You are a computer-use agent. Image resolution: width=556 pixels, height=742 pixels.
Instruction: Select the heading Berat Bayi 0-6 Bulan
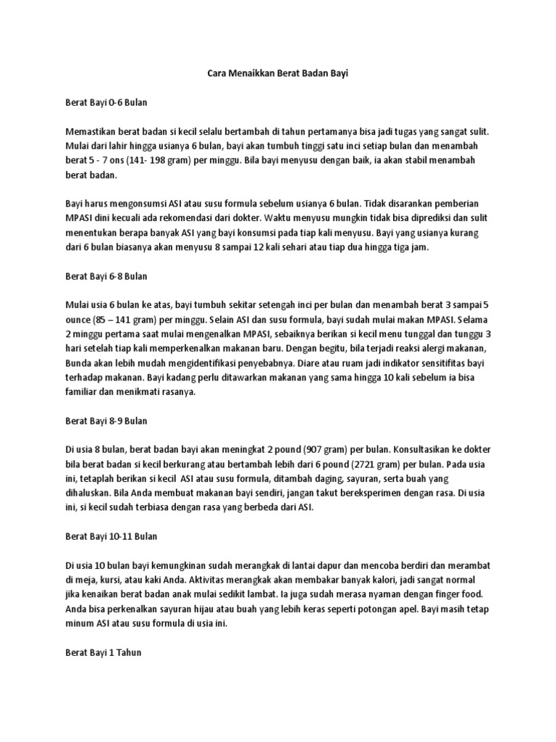pos(106,103)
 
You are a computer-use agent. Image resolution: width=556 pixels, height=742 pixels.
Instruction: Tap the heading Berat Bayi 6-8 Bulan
pos(106,276)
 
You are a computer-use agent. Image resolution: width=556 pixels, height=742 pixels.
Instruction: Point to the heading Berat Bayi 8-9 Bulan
pos(106,420)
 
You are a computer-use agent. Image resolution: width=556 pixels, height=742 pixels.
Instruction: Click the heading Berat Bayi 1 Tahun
pos(104,652)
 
